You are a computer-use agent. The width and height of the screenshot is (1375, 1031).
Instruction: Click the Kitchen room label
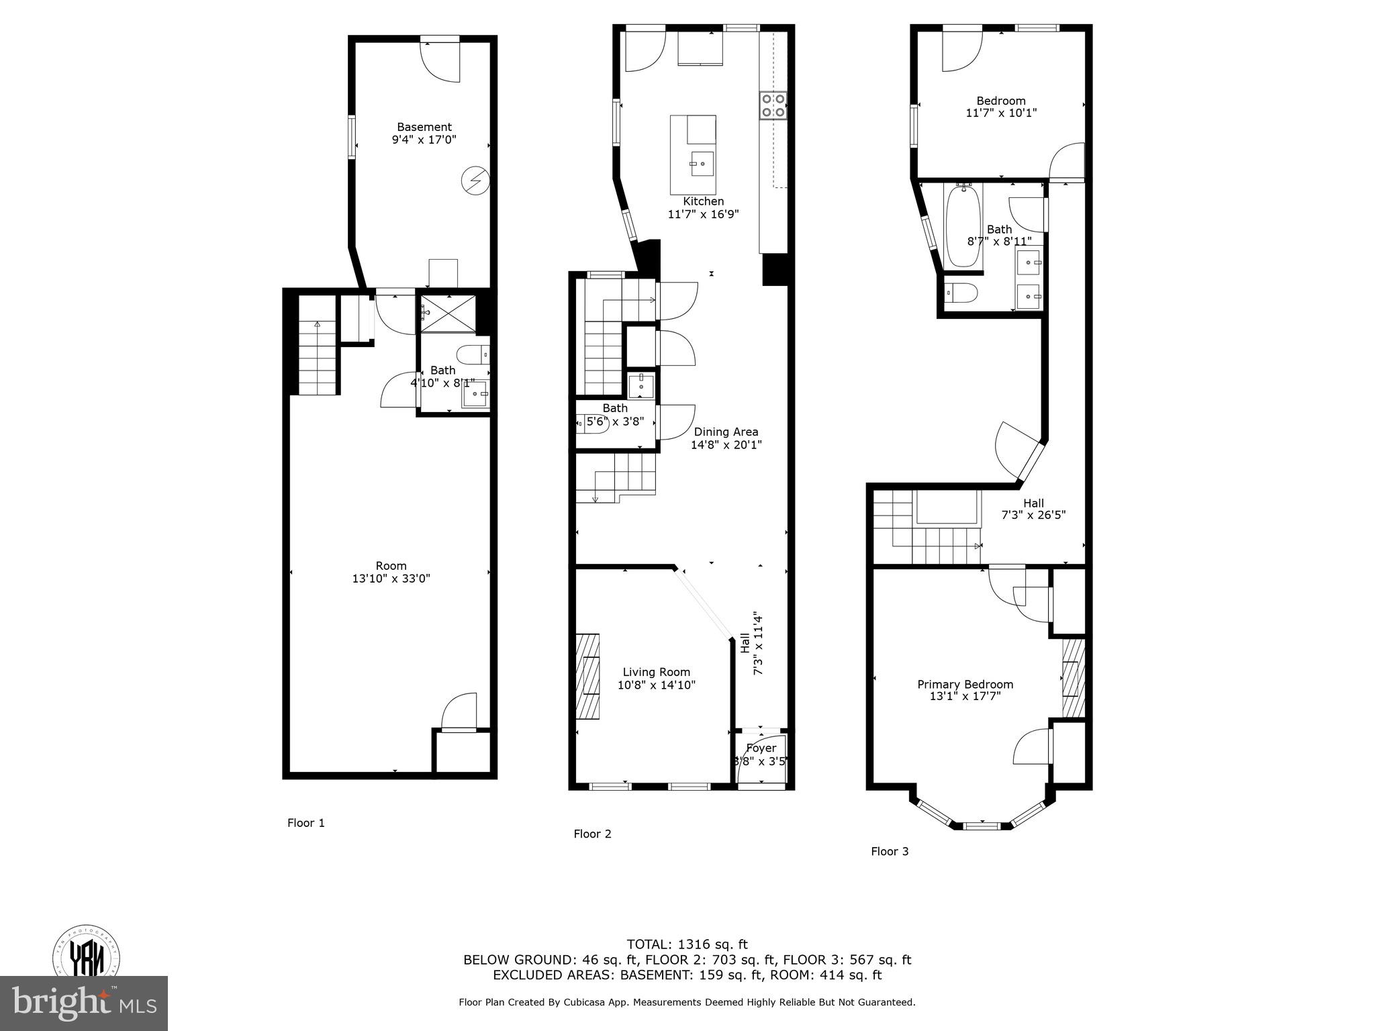(x=703, y=201)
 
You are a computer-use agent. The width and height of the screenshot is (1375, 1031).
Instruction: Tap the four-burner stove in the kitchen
(x=773, y=106)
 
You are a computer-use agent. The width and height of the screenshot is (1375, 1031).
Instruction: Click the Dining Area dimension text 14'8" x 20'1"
(x=726, y=444)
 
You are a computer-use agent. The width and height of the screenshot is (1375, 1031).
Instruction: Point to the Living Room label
(x=656, y=672)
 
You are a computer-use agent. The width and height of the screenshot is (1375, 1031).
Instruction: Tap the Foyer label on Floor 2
(x=761, y=748)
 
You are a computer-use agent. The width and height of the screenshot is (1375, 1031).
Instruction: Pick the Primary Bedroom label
(x=965, y=684)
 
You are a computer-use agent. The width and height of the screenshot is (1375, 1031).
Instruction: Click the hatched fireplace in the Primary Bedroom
(x=1073, y=678)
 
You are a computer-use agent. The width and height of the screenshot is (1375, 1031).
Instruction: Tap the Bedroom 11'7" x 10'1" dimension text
(x=1001, y=113)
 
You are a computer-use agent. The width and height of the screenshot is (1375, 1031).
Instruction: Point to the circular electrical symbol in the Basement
(x=475, y=181)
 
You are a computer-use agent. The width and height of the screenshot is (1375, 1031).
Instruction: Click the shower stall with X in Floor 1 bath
(x=448, y=313)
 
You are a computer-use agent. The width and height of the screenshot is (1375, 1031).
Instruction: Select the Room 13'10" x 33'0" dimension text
(x=391, y=578)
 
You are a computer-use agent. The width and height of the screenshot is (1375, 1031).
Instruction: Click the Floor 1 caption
(x=306, y=823)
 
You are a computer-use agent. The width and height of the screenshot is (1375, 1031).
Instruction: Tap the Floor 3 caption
(x=890, y=851)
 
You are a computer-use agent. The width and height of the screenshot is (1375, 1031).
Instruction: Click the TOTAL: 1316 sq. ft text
(x=687, y=944)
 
